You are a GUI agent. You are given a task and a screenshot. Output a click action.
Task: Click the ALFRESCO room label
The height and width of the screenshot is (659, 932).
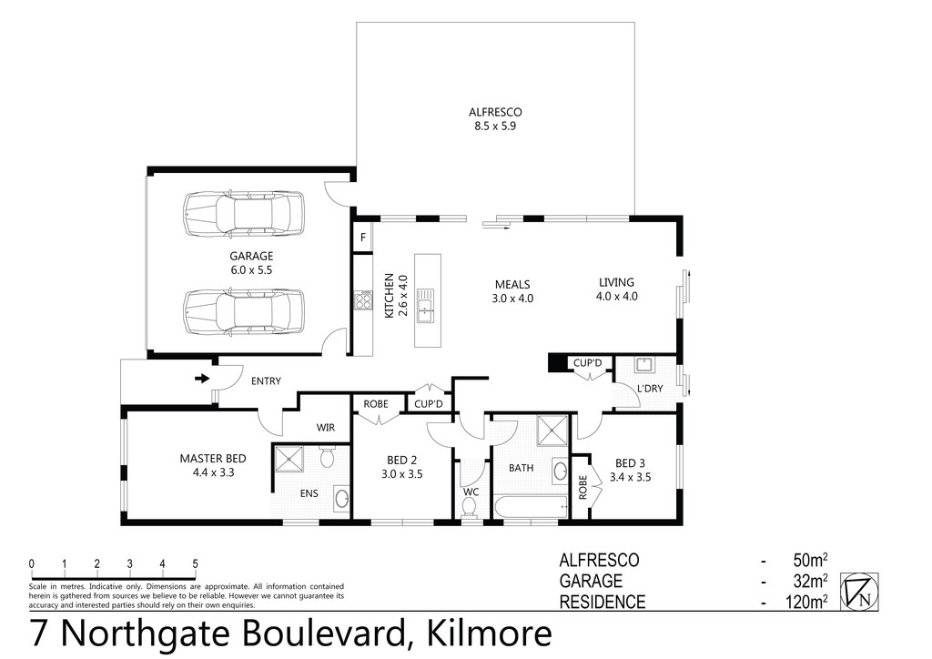coord(495,112)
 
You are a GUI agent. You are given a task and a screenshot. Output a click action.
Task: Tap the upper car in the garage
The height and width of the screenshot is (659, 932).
coord(244,215)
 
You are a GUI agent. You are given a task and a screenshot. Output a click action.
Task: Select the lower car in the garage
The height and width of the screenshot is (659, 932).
coord(244,313)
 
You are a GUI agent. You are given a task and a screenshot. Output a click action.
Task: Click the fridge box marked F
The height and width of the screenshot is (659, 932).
coord(363,238)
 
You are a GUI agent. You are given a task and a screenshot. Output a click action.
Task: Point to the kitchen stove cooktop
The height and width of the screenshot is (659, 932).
coord(363,300)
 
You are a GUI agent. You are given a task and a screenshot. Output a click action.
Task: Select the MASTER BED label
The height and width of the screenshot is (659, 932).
coord(212,458)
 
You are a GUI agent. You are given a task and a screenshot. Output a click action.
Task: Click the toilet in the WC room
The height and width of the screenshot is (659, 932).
coord(470,516)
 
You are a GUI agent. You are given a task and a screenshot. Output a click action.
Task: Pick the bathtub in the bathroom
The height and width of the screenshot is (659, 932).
coord(529,507)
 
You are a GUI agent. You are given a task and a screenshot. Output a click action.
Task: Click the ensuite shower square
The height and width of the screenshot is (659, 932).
coord(289,460)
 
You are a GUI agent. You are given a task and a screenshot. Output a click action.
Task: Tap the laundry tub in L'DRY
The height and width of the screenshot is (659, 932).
coord(644,366)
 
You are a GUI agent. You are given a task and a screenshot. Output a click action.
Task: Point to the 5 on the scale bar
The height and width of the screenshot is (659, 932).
coord(195,564)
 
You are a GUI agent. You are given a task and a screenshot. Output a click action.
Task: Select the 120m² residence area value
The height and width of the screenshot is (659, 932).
coord(805,602)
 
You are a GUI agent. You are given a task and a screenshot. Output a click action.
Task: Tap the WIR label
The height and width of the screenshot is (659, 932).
coord(326,427)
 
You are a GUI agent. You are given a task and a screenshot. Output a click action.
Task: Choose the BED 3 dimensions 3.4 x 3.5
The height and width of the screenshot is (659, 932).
coord(630,477)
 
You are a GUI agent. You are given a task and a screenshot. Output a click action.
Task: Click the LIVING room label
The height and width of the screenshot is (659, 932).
coord(616,282)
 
